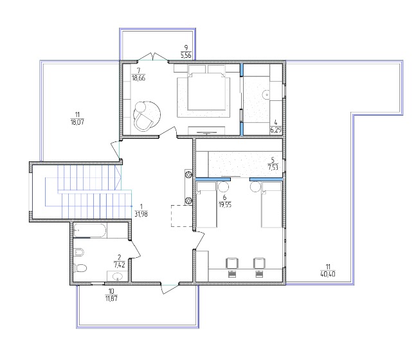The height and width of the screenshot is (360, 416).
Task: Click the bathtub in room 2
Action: (89, 230)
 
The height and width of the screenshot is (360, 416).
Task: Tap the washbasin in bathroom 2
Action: (117, 276)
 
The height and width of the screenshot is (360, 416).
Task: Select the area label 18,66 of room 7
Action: (138, 78)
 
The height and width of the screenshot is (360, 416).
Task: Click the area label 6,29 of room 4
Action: (276, 130)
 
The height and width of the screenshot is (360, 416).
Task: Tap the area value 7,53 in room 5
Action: (273, 167)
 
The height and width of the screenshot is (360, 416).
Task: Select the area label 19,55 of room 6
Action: (224, 204)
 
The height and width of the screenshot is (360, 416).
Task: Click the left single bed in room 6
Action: (206, 204)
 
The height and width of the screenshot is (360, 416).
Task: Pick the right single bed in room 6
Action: (271, 204)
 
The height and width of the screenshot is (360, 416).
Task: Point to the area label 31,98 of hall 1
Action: (141, 214)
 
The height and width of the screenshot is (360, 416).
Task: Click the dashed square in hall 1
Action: (181, 216)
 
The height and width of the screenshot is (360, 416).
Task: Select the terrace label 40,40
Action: (328, 274)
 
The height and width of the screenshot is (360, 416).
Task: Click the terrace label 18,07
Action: (77, 122)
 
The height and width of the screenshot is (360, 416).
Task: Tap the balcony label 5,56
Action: (186, 55)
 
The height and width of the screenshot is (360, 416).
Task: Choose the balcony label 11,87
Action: (111, 298)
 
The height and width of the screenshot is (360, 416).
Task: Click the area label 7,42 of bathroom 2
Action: (120, 264)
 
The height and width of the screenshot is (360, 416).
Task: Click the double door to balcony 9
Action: (153, 57)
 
